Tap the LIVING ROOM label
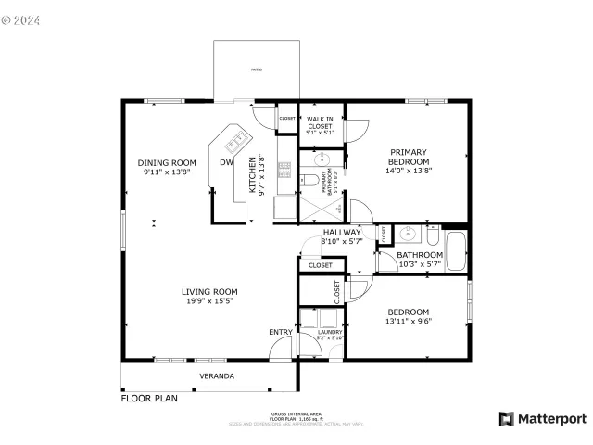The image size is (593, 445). [209, 291]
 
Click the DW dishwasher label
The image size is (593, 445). [225, 163]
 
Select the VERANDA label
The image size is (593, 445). [217, 375]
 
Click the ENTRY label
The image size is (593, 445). [280, 332]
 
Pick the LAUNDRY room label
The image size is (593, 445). [330, 332]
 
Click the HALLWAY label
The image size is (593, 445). [341, 233]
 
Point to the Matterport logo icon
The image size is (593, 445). [506, 418]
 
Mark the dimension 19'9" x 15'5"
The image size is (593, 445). [209, 300]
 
